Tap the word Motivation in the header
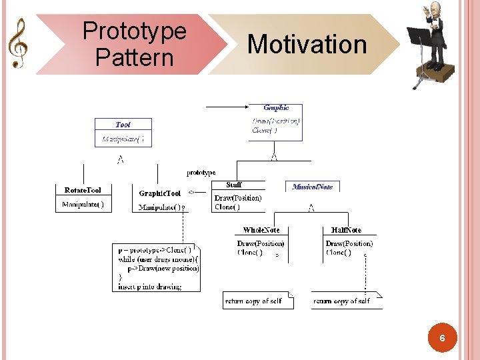(307, 45)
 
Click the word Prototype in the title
(134, 31)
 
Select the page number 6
(442, 339)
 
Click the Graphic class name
(276, 107)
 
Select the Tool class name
(123, 125)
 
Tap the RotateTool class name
(83, 190)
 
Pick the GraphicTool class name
(159, 193)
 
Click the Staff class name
(234, 185)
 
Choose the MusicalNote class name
(312, 187)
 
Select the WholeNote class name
(261, 230)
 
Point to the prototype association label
(201, 173)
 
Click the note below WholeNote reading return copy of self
(254, 301)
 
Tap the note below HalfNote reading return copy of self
(342, 301)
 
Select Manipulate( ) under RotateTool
(83, 205)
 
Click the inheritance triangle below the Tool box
(120, 159)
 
